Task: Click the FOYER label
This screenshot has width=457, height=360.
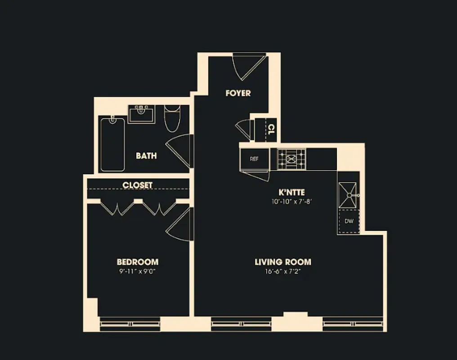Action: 238,93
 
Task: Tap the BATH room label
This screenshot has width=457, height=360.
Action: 146,156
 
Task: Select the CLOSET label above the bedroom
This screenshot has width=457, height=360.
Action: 137,185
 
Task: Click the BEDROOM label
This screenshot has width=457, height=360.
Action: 137,262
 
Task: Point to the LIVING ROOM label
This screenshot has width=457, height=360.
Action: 282,262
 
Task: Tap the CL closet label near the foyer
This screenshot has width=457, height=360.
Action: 271,129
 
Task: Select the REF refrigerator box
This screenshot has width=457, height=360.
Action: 255,159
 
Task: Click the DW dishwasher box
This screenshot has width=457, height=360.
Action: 349,221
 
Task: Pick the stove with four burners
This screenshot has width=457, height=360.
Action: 291,159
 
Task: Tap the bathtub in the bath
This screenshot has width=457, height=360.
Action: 112,144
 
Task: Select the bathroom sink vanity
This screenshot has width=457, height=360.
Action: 142,113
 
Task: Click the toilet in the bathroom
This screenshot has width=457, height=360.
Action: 172,118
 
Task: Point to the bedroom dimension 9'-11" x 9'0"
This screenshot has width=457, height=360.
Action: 137,271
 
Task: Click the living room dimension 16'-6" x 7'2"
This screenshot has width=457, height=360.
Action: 282,271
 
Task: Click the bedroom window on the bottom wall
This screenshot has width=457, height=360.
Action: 130,324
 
